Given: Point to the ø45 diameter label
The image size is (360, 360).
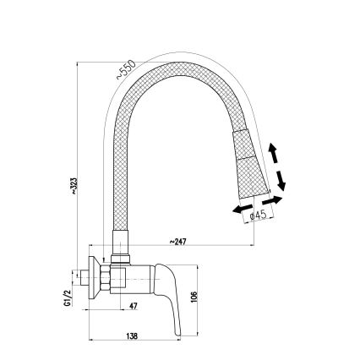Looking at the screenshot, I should [259, 215].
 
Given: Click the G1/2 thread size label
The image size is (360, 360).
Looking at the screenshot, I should [66, 301].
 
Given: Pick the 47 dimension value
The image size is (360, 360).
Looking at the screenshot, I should [134, 306].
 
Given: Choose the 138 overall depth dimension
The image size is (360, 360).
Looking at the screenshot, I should [132, 336].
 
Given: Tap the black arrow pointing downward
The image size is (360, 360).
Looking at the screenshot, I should [281, 179].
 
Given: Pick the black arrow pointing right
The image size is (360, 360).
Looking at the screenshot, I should [274, 202].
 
